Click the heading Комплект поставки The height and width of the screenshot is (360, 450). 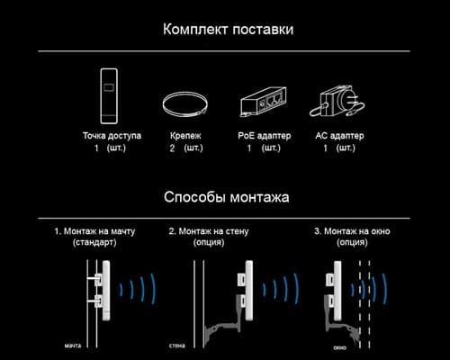(228, 30)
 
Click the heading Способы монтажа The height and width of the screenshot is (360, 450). (227, 197)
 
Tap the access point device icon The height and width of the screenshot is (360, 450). (109, 96)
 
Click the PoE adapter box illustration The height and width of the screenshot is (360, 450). (263, 102)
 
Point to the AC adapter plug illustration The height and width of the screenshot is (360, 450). (337, 101)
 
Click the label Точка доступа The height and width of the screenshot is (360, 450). (112, 136)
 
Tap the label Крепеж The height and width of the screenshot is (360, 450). (185, 136)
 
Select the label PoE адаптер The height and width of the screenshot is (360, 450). (265, 136)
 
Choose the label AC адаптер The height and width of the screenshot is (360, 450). (339, 136)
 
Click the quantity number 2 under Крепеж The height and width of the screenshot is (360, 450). (172, 148)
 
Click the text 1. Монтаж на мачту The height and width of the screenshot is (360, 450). (94, 231)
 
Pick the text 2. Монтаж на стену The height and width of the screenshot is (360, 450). (209, 231)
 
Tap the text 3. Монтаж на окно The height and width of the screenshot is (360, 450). (352, 231)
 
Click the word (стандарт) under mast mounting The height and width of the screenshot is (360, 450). (94, 242)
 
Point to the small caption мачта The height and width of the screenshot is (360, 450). (73, 346)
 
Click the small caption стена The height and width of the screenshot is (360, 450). (177, 346)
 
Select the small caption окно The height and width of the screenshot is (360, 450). (340, 347)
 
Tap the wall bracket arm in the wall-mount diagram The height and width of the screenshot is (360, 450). (223, 326)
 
